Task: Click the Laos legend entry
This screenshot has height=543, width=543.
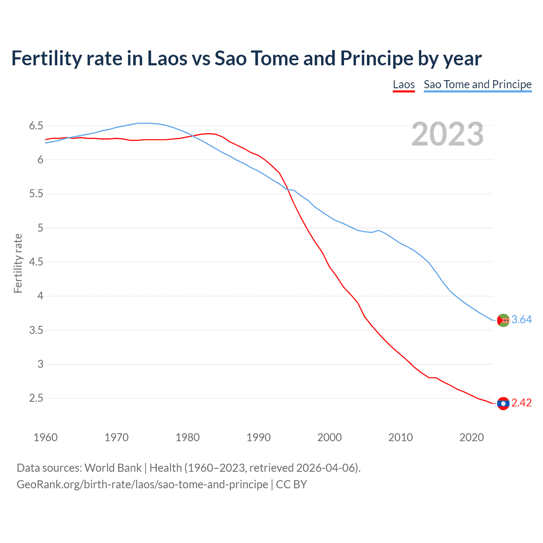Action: pyautogui.click(x=403, y=84)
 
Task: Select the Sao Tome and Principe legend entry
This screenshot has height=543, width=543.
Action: pyautogui.click(x=477, y=84)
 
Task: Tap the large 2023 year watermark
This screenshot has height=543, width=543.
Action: pyautogui.click(x=447, y=134)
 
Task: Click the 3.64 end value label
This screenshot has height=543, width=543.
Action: pyautogui.click(x=521, y=320)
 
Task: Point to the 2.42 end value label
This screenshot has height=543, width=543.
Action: pyautogui.click(x=521, y=403)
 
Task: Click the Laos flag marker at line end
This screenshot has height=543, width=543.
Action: pyautogui.click(x=503, y=403)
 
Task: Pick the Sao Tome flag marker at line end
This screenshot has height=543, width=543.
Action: pyautogui.click(x=503, y=320)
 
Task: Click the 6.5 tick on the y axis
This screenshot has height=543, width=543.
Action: pyautogui.click(x=36, y=126)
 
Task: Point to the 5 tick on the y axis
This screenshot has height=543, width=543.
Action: pyautogui.click(x=40, y=228)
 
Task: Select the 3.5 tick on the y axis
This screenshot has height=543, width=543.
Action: pyautogui.click(x=36, y=330)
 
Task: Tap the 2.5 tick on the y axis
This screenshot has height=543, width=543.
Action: pyautogui.click(x=36, y=398)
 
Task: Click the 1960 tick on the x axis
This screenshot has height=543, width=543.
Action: pyautogui.click(x=45, y=437)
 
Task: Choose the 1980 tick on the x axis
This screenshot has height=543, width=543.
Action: pyautogui.click(x=188, y=437)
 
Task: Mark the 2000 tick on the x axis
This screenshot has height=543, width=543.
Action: pyautogui.click(x=330, y=437)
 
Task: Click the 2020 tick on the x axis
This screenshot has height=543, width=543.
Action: pyautogui.click(x=471, y=437)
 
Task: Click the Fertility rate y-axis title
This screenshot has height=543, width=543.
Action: pyautogui.click(x=18, y=263)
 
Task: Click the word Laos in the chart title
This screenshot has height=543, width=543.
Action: pyautogui.click(x=167, y=59)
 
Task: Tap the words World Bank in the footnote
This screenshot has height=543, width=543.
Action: pyautogui.click(x=113, y=468)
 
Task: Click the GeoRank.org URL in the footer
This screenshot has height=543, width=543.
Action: pyautogui.click(x=142, y=484)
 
